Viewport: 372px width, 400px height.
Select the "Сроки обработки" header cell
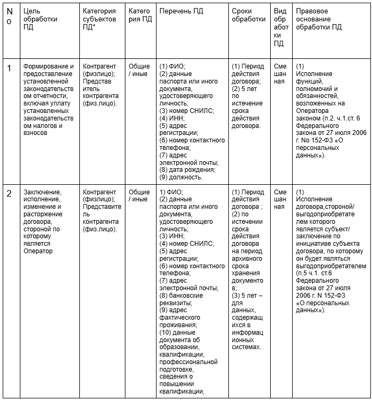coord(249,15)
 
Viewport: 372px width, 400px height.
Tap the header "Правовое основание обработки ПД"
coord(319,19)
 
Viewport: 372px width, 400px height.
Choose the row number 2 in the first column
coord(9,193)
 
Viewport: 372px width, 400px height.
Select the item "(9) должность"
coord(181,177)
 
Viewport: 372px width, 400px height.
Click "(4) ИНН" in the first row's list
coord(172,118)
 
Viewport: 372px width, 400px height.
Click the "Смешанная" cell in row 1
coord(280,74)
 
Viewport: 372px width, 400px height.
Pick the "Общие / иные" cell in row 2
coord(139,195)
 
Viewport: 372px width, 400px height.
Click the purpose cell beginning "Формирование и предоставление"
coord(49,99)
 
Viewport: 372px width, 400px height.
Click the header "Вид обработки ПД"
coord(280,27)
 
